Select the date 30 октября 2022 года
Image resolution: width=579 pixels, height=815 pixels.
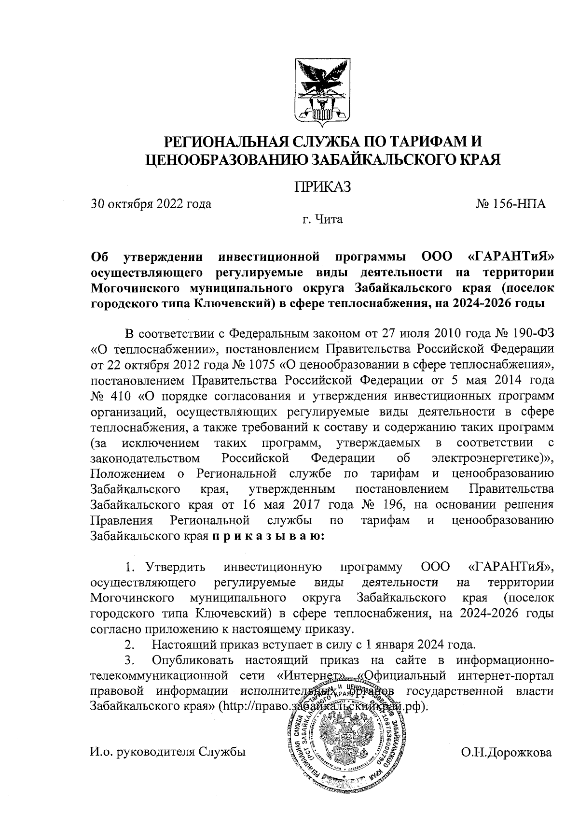tap(152, 204)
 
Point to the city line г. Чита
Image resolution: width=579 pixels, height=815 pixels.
tap(322, 220)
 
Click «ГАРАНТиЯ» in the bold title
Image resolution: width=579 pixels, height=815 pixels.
tap(510, 257)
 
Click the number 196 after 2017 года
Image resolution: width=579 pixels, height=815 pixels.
tap(389, 504)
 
